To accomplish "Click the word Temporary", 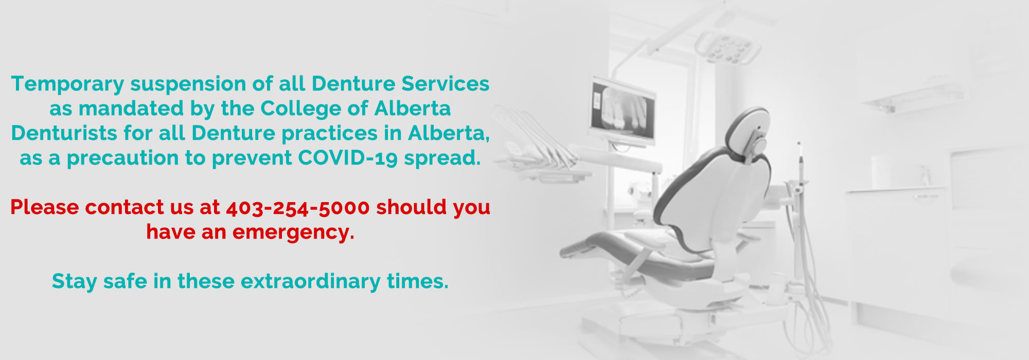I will (x=67, y=84).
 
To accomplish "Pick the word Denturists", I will (x=64, y=133).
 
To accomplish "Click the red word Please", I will (x=44, y=207).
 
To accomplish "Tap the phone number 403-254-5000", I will (x=298, y=208).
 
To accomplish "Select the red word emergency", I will (x=293, y=232).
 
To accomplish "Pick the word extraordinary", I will (x=311, y=282).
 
